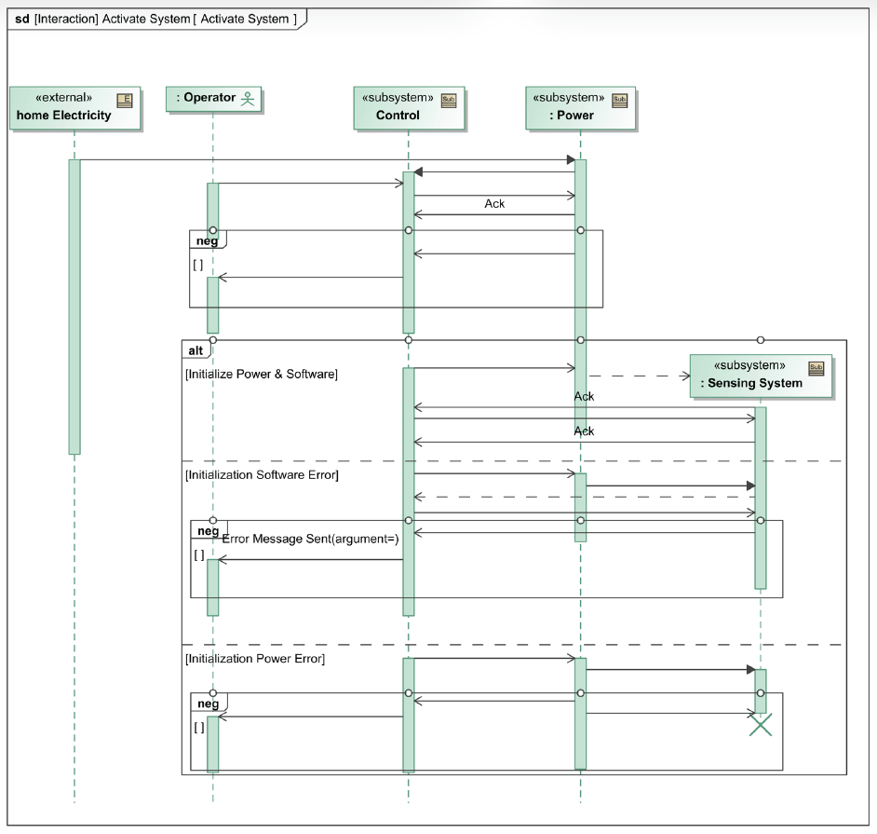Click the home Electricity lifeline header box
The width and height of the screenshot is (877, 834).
tap(74, 107)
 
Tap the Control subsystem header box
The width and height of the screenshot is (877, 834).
tap(408, 107)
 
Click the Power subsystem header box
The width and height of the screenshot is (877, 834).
tap(579, 107)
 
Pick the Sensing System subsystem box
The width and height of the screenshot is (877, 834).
tap(760, 375)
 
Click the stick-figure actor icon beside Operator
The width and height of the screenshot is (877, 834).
tap(248, 98)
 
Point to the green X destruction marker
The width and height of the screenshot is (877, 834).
tap(761, 725)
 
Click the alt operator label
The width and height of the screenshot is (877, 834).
tap(196, 350)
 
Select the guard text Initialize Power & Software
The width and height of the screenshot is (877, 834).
tap(262, 375)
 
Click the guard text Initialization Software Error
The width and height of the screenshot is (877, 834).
tap(262, 475)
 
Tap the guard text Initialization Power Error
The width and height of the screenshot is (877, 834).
tap(255, 659)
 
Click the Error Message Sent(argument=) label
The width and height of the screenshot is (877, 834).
tap(311, 539)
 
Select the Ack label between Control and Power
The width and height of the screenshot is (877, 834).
tap(494, 204)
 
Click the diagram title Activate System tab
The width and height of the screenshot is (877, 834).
tap(156, 19)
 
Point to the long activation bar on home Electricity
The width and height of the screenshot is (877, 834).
tap(74, 308)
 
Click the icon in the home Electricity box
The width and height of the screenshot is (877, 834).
tap(125, 99)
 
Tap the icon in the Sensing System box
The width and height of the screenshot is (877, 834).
tap(816, 367)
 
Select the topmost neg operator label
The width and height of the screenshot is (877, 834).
tap(208, 241)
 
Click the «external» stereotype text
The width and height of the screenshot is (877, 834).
tap(63, 98)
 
